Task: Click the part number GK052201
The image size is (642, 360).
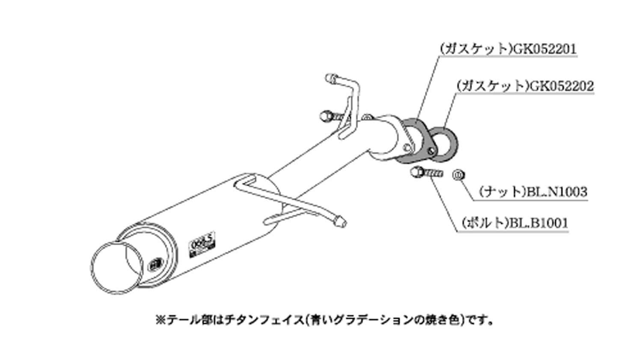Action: [544, 49]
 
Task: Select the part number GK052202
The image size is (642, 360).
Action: [562, 86]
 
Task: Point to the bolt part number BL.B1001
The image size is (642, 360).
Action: [538, 223]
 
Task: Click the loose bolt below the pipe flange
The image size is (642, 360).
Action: [425, 173]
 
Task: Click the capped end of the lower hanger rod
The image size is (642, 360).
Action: [340, 222]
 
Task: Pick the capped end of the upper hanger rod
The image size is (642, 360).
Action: [332, 79]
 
